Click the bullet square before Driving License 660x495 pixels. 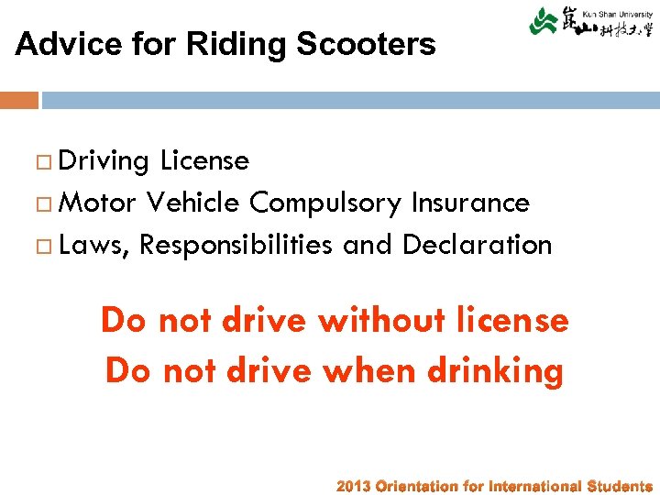(x=44, y=162)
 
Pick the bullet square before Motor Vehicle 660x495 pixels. (x=44, y=203)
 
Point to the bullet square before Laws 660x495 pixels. (x=44, y=246)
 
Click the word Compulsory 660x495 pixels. (x=327, y=203)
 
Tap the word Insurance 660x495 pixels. (x=471, y=202)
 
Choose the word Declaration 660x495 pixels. (x=477, y=245)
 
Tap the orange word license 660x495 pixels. (x=518, y=321)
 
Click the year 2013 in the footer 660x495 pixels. (x=354, y=487)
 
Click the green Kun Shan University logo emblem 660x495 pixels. (x=544, y=20)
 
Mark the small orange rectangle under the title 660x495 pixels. (x=19, y=100)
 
